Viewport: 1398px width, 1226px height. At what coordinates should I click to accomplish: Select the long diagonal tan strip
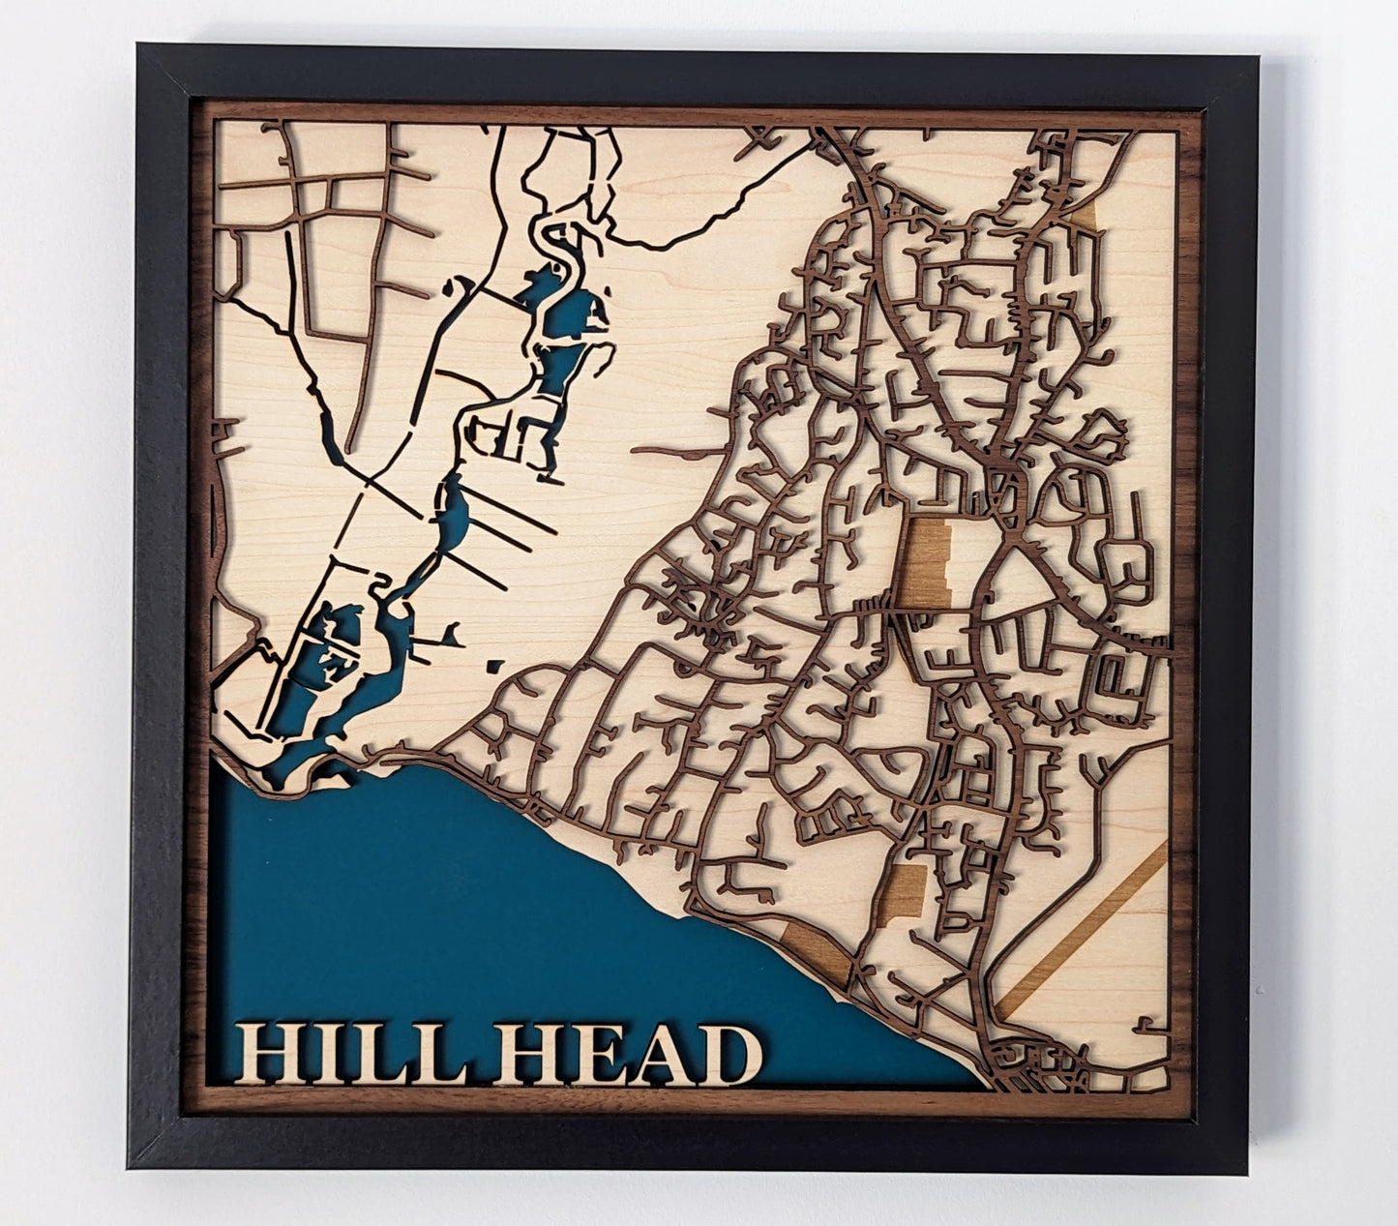[1084, 929]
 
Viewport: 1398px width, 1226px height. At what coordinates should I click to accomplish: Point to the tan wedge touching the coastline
[818, 943]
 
